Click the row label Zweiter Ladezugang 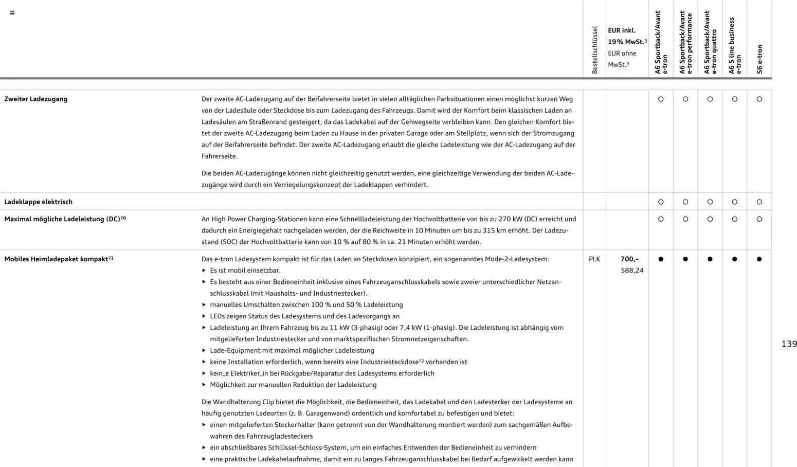coord(36,99)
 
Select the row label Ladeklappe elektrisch coord(39,202)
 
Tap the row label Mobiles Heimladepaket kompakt coord(57,259)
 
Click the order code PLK coord(594,259)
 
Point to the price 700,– coord(629,259)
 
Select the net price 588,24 coord(632,271)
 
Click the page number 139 coord(789,344)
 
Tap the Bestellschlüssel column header coord(595,50)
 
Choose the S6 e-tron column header coord(759,59)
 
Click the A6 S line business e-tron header coord(735,46)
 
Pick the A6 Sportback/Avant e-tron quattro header coord(710,43)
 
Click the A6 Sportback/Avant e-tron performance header coord(685,43)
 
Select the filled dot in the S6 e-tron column coord(759,259)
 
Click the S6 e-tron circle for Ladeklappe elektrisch coord(759,202)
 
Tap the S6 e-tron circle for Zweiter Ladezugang coord(759,99)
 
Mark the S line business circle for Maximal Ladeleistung coord(734,219)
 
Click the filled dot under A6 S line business coord(734,259)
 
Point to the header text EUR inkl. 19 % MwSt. coord(627,36)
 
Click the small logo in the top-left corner coord(12,12)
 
